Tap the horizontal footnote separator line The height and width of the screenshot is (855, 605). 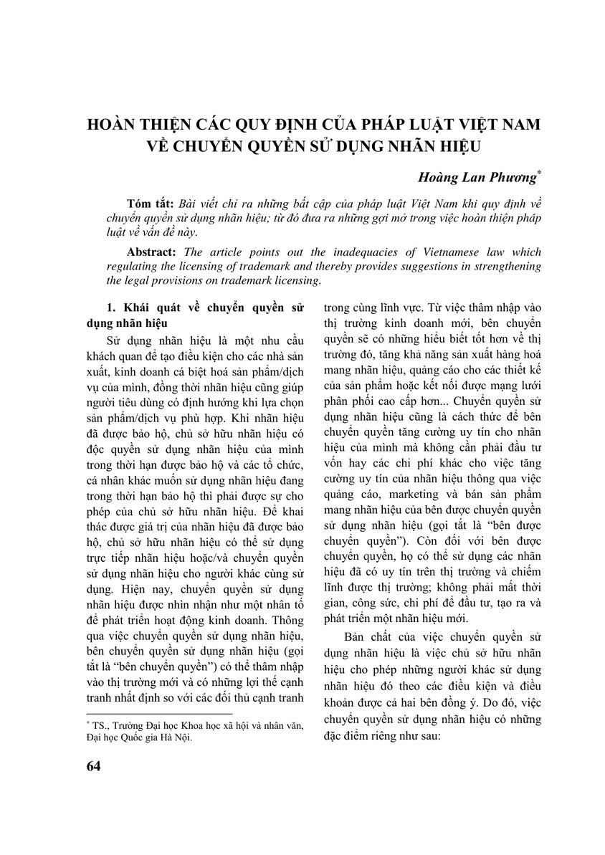[x=158, y=715]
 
